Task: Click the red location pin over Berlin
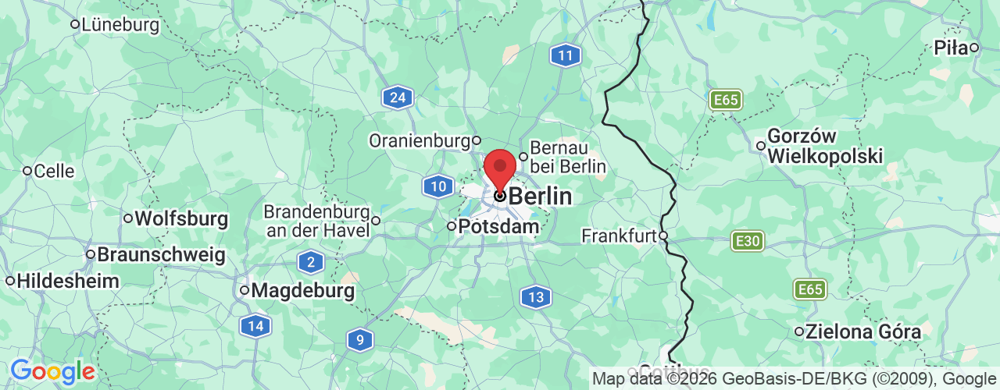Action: coord(500,168)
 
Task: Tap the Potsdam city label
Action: coord(498,227)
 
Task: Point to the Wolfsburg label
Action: coord(181,218)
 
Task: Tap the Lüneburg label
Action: coord(120,25)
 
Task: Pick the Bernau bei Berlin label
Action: coord(568,156)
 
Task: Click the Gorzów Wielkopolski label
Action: coord(825,146)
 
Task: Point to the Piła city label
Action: coord(952,48)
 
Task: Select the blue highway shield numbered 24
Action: coord(398,97)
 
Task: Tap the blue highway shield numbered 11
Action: coord(564,55)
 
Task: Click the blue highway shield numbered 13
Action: coord(535,296)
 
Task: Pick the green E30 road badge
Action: coord(748,241)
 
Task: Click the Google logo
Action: coord(52,371)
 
